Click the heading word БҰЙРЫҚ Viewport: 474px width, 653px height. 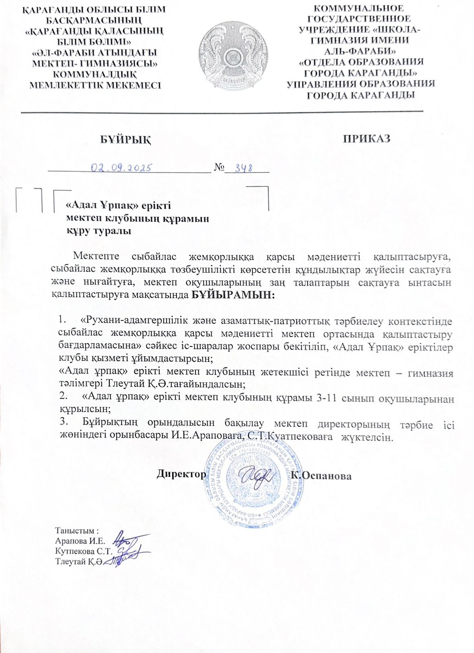126,139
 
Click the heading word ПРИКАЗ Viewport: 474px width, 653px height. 366,138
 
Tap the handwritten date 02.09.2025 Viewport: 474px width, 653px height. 122,167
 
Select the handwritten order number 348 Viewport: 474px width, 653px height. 244,168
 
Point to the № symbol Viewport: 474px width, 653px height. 219,168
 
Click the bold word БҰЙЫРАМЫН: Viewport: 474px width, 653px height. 233,295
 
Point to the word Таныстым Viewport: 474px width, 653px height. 76,531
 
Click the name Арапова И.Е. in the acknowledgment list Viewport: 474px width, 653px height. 80,541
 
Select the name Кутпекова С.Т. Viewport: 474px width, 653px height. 83,551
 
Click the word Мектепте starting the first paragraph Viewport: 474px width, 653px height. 96,256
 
